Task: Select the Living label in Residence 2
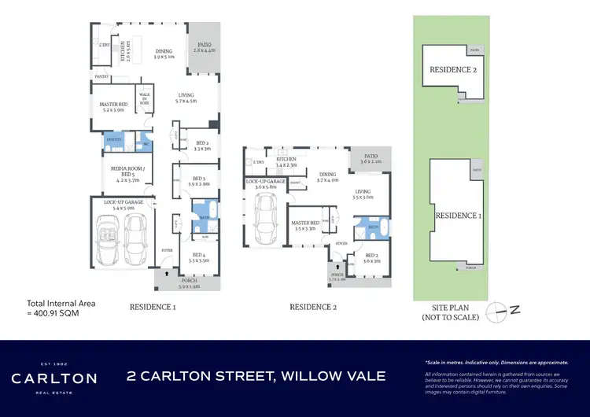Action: (x=363, y=192)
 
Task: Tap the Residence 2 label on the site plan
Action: (x=453, y=70)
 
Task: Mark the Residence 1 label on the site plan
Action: (x=459, y=215)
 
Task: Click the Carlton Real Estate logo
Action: (x=53, y=378)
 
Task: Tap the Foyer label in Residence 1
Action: (x=166, y=251)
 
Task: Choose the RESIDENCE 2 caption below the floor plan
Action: (x=313, y=308)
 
